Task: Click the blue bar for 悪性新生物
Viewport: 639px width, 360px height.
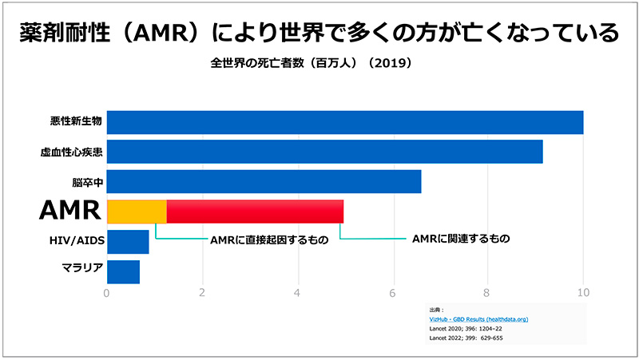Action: [x=344, y=122]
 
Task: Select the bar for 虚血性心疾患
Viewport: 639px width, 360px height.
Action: [x=324, y=152]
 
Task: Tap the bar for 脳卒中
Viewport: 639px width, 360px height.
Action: [x=264, y=182]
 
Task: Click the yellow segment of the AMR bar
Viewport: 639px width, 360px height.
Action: [x=137, y=212]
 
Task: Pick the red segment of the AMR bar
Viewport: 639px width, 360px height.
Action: [x=255, y=212]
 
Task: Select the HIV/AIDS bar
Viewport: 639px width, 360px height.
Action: [x=128, y=242]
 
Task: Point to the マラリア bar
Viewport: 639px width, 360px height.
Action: [x=123, y=271]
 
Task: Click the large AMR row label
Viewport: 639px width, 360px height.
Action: [x=71, y=211]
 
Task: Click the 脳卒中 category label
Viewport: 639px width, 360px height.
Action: [x=85, y=182]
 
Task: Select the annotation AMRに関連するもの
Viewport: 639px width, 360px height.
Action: [x=459, y=238]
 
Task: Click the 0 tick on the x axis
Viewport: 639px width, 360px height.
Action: [x=107, y=292]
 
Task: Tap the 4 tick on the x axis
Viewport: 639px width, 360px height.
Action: [x=298, y=292]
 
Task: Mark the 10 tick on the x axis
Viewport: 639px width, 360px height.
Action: [x=583, y=292]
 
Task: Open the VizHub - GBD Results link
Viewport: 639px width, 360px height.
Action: [x=478, y=319]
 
